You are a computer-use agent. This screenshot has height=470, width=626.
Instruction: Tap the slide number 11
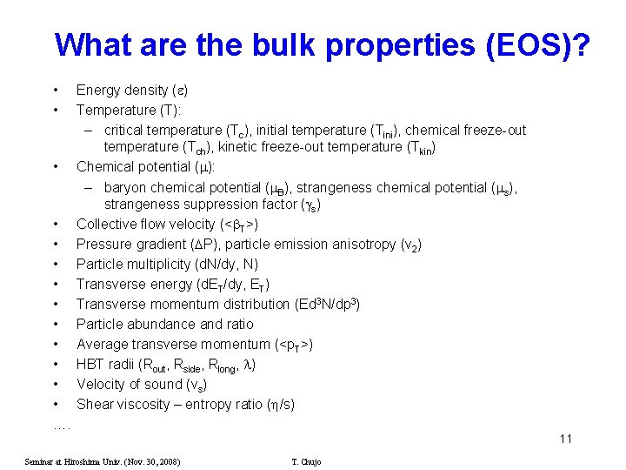click(x=566, y=439)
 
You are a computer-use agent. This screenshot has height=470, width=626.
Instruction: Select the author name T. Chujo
click(x=306, y=461)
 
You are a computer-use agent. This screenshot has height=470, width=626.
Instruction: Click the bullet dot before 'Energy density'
click(x=56, y=90)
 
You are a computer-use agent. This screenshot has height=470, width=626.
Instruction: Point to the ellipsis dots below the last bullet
click(x=62, y=426)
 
